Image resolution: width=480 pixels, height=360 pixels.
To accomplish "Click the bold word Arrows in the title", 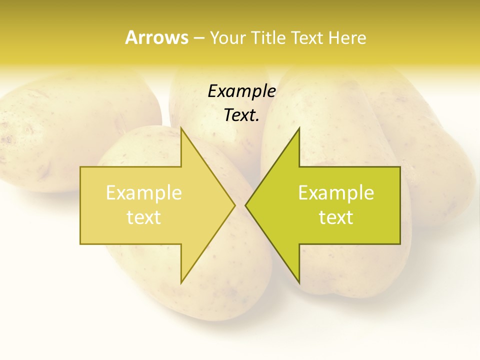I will coord(156,37).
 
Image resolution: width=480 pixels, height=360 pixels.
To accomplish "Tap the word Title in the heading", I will coord(268,38).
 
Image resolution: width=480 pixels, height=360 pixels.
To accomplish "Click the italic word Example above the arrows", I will coord(241,91).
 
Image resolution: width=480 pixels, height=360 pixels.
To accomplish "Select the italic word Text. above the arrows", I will coord(241,115).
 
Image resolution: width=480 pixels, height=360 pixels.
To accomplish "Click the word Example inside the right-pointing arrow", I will coord(143,193).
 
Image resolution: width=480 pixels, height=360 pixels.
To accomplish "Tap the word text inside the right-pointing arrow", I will coord(143,217).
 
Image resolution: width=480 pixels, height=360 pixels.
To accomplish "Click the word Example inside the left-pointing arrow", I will coord(336,193).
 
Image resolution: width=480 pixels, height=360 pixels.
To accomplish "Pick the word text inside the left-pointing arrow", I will coord(336,217).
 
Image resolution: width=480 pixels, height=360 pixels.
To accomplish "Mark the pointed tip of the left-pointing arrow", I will coord(246,205).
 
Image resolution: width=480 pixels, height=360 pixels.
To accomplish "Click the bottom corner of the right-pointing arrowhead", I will coord(181,282).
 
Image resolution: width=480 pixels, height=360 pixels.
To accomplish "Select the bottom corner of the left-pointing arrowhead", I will coord(299,282).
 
